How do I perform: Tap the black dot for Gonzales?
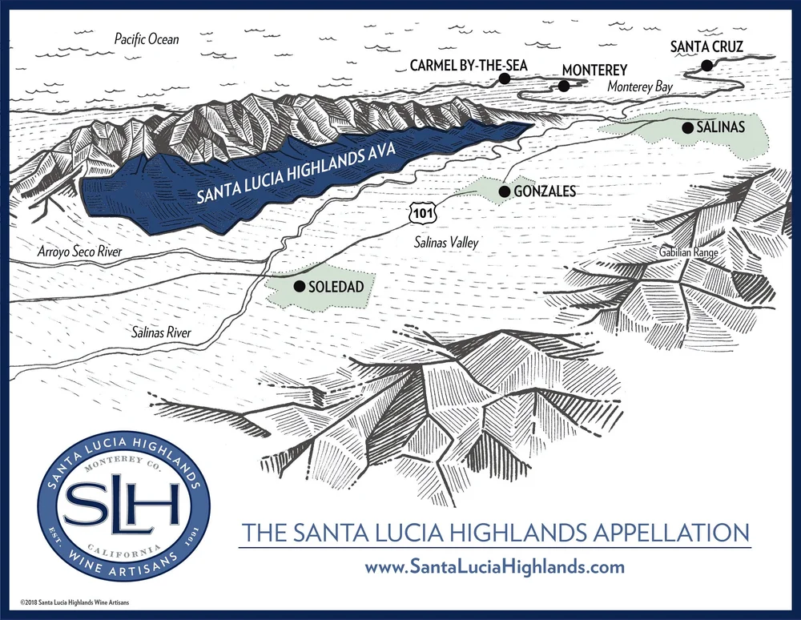click(x=504, y=192)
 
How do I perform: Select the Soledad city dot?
click(x=299, y=286)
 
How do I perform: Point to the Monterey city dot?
click(x=564, y=86)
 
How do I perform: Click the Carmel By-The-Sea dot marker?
click(x=505, y=79)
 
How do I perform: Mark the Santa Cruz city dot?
click(x=706, y=66)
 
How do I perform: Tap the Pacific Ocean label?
click(x=147, y=38)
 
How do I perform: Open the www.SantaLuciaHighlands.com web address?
click(x=494, y=567)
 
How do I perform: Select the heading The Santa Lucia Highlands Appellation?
click(x=495, y=532)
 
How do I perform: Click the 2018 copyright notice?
click(x=75, y=602)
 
